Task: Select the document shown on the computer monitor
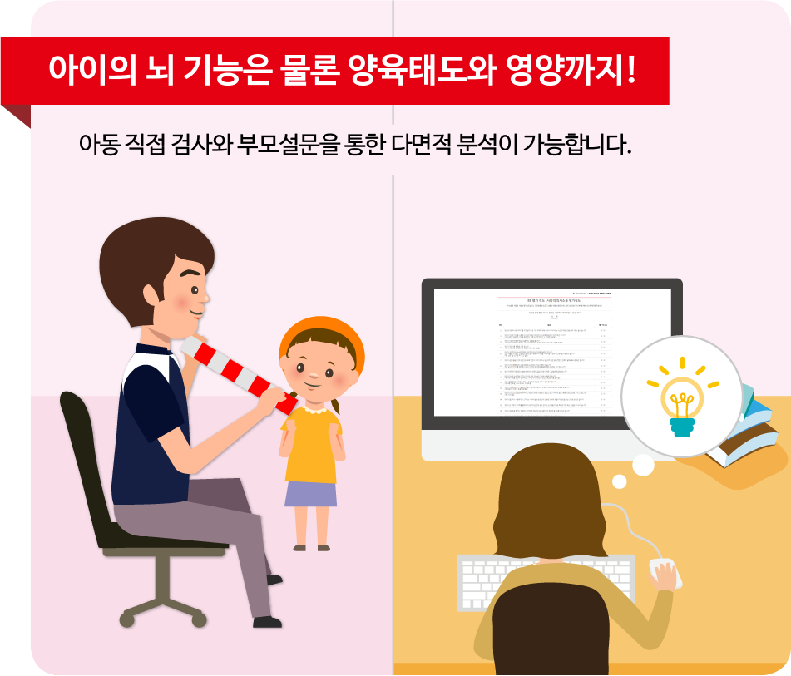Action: pyautogui.click(x=551, y=353)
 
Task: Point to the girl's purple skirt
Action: pyautogui.click(x=311, y=493)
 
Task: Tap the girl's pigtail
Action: pyautogui.click(x=335, y=407)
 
